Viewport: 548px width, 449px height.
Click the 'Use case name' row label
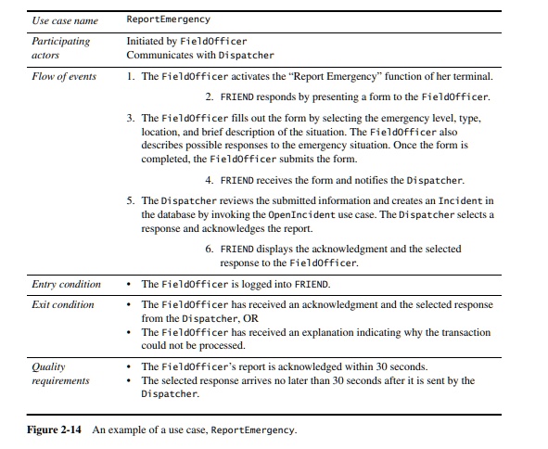click(x=64, y=20)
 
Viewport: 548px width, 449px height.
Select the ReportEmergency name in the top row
click(x=168, y=19)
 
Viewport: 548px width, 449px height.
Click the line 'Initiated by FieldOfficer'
click(x=187, y=42)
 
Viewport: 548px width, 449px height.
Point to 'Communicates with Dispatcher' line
click(x=200, y=55)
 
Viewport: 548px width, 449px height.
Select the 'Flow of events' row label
click(x=63, y=76)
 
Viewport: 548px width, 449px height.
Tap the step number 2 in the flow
click(x=210, y=97)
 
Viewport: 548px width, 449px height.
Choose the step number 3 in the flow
click(x=130, y=119)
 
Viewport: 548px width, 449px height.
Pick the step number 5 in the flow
click(x=130, y=200)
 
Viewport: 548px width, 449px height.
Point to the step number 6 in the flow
click(x=210, y=250)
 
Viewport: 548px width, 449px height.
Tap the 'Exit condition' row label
click(x=62, y=304)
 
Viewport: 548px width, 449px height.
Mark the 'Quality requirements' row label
click(x=59, y=373)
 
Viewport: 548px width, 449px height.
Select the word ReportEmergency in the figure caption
click(x=252, y=430)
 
